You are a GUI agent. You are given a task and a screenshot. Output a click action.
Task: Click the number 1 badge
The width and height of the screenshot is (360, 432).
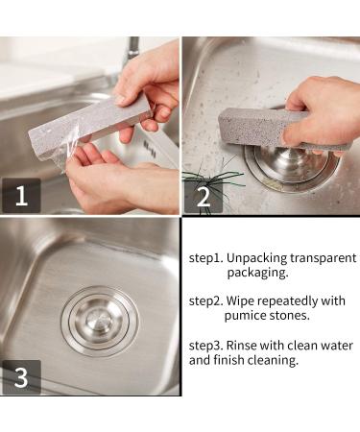[21, 196]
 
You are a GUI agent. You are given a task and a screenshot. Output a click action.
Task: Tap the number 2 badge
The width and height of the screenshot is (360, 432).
[204, 197]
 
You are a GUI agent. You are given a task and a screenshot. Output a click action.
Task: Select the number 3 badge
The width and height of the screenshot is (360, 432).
[21, 377]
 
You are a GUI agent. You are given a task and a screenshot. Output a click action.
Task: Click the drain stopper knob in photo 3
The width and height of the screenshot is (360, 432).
[100, 321]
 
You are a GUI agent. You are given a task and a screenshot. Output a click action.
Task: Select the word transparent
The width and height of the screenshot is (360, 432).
[324, 258]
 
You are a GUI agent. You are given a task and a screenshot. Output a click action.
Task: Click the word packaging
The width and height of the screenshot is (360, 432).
[257, 273]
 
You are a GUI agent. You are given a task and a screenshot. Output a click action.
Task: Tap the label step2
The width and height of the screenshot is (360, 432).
[205, 301]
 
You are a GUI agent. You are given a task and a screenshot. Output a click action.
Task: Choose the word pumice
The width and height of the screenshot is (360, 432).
[245, 316]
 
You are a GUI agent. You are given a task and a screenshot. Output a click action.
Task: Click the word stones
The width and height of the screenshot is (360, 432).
[289, 316]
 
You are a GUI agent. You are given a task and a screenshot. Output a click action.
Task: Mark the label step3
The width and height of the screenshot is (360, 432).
[205, 346]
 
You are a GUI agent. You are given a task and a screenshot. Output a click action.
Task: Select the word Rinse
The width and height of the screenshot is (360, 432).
[242, 346]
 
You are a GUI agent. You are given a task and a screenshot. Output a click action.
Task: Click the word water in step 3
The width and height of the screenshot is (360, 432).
[337, 346]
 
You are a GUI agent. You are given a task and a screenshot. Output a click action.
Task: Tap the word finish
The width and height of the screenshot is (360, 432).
[228, 360]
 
